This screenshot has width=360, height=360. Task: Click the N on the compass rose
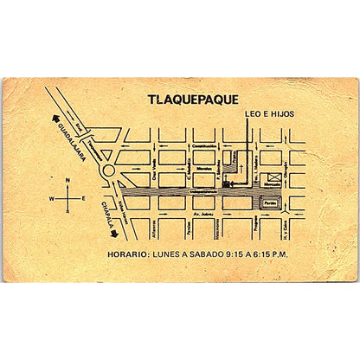coord(67,182)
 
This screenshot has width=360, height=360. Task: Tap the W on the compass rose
coord(51,198)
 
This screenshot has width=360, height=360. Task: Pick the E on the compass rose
coord(83,198)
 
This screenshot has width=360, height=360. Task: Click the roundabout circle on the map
coord(111,172)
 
